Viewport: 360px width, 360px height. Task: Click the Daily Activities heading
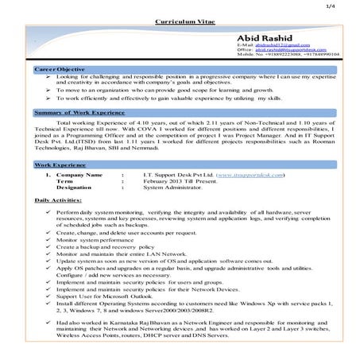pyautogui.click(x=60, y=201)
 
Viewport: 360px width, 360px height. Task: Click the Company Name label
pyautogui.click(x=79, y=174)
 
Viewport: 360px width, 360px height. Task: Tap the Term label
pyautogui.click(x=64, y=180)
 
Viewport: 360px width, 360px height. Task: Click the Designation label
pyautogui.click(x=75, y=188)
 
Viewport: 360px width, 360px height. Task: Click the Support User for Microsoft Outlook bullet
pyautogui.click(x=104, y=296)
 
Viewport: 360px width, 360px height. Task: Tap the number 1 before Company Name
pyautogui.click(x=47, y=174)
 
